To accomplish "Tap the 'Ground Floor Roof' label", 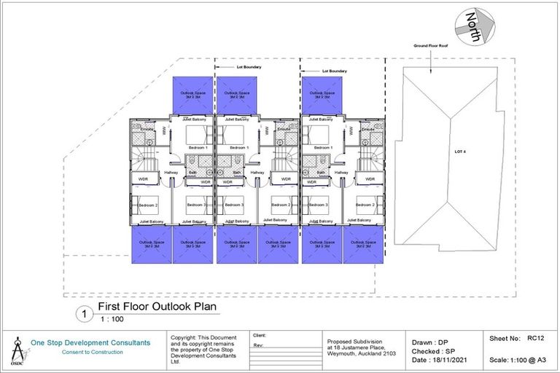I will (430, 46).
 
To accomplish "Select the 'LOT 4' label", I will (459, 152).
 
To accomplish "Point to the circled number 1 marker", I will (85, 314).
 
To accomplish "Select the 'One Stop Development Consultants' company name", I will (90, 342).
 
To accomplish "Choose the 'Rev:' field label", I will (258, 346).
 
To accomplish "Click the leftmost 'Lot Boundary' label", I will (249, 66).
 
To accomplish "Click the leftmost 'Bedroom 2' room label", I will (148, 205).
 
